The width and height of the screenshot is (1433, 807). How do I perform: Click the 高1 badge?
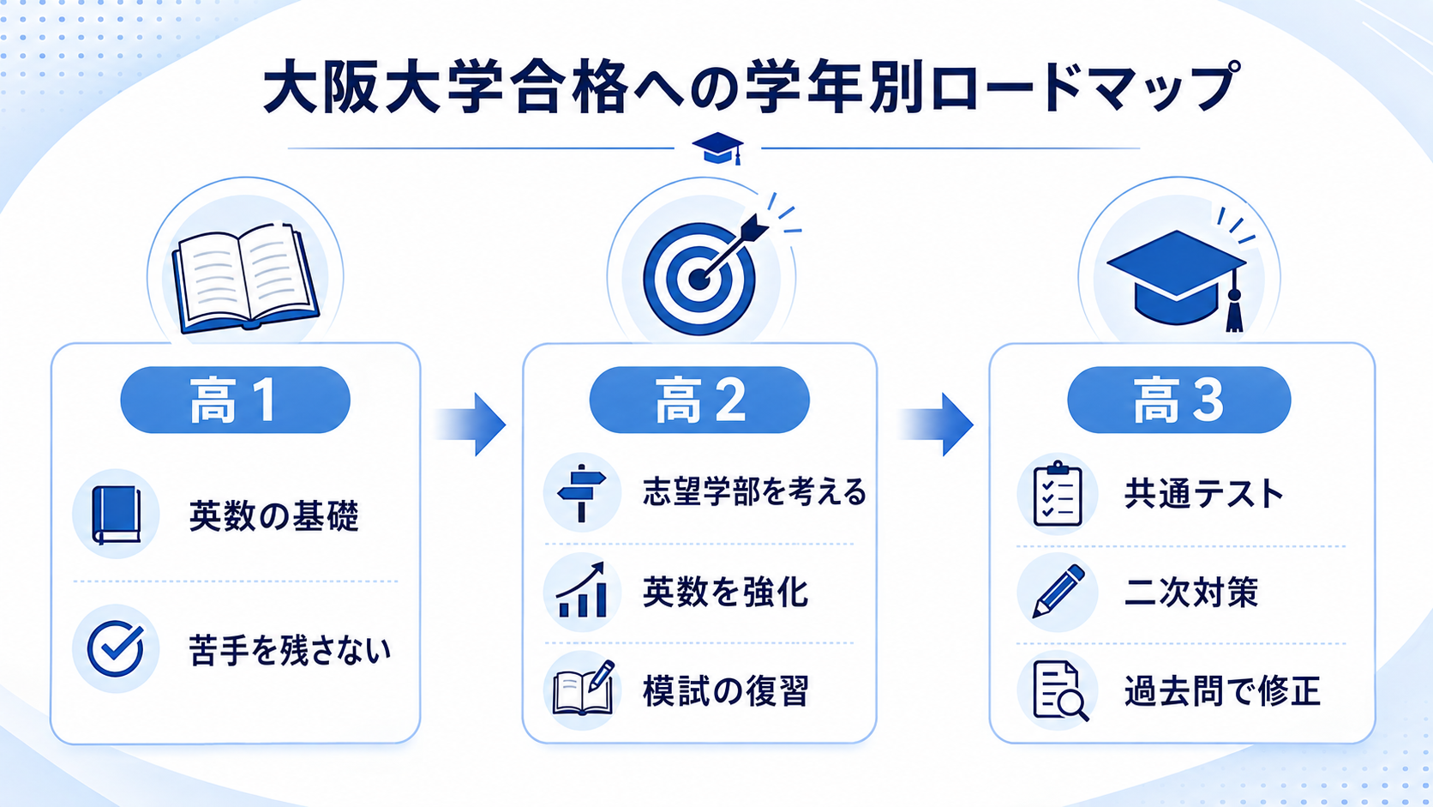[236, 400]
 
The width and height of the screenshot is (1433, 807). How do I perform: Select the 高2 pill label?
[699, 400]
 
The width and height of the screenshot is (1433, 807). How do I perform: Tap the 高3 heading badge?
[1179, 400]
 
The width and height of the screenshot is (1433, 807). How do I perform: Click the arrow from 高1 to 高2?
[471, 425]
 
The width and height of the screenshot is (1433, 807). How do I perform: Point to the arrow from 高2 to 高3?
[936, 425]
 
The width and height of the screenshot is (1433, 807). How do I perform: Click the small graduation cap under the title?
[717, 148]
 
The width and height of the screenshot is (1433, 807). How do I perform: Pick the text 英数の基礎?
[273, 515]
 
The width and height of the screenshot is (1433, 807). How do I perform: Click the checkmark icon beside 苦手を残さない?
[116, 647]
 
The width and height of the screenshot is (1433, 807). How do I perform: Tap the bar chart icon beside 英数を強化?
[581, 590]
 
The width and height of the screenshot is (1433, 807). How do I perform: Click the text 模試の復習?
[726, 690]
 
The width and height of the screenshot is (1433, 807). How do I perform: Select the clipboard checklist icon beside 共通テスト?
[1058, 493]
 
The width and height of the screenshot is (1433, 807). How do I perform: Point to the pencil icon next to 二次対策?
[1058, 592]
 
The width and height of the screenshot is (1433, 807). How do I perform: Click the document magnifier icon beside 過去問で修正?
[1061, 691]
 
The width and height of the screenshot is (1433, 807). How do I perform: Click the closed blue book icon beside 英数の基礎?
[117, 515]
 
